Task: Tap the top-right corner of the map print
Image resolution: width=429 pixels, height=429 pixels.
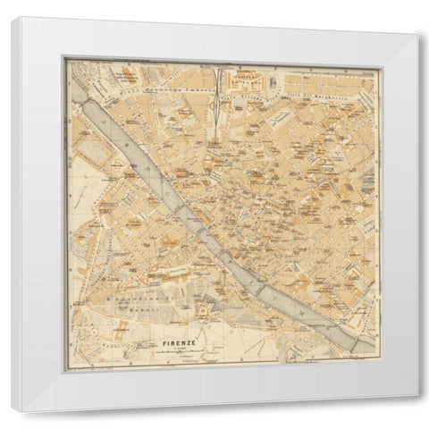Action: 378,61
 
